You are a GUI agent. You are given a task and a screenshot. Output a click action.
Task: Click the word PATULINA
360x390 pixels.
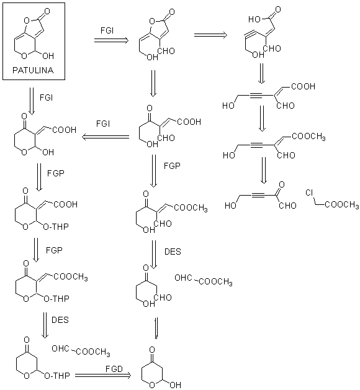tap(33, 70)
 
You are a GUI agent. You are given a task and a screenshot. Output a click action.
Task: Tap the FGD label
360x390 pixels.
tap(114, 369)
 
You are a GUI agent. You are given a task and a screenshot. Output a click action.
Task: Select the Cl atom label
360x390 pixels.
tap(309, 193)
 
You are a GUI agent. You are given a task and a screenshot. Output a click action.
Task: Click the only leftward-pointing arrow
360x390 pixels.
tap(106, 137)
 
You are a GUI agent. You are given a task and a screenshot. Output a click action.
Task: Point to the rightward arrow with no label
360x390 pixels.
tap(210, 35)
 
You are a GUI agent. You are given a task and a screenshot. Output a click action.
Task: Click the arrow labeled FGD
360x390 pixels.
tap(103, 375)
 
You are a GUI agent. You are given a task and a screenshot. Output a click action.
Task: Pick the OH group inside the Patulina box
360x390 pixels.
tap(48, 56)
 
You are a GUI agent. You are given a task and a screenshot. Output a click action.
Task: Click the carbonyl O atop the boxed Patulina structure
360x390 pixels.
tap(47, 11)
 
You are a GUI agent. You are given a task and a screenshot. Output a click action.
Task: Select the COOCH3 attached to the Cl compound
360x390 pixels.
tap(342, 205)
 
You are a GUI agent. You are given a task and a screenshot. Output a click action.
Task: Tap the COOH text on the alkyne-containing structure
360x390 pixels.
tap(303, 86)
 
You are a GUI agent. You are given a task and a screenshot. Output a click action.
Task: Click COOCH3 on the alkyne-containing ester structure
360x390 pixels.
tap(308, 137)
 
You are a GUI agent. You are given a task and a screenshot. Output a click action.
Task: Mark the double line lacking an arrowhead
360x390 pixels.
tap(156, 328)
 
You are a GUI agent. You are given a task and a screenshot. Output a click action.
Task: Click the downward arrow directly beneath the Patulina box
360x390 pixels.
tap(32, 101)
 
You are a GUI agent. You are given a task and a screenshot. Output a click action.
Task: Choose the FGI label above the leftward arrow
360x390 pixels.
tap(103, 124)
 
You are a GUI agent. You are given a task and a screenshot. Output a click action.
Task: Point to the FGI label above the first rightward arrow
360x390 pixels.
tap(107, 30)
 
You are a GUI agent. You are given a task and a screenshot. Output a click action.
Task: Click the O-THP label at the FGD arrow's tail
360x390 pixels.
tap(57, 376)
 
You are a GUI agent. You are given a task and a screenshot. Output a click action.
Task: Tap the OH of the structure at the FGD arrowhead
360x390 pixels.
tap(175, 385)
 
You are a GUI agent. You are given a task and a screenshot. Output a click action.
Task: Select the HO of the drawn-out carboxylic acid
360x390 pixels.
tap(254, 19)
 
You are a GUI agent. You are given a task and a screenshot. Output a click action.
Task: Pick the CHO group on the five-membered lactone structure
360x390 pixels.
tap(166, 51)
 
